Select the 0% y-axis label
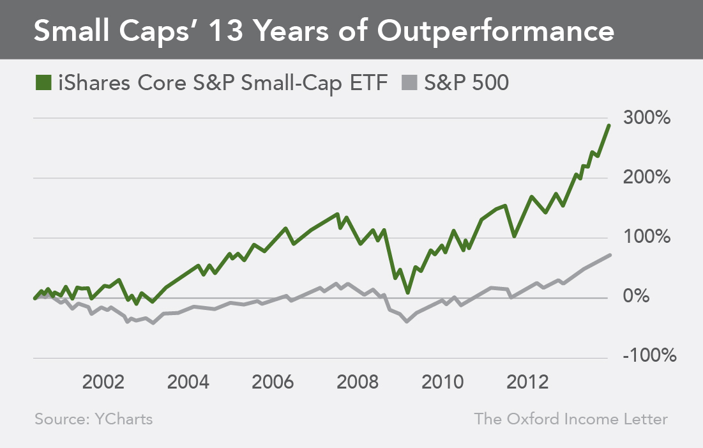click(x=654, y=297)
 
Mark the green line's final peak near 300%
click(x=609, y=125)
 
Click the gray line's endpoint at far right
click(x=610, y=255)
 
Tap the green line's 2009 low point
click(x=407, y=293)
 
